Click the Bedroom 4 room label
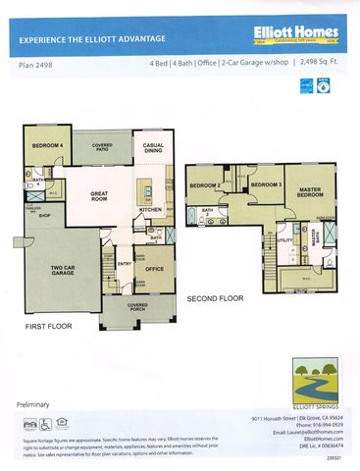46,147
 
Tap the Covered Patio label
102,147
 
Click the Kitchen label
149,210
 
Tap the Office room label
153,267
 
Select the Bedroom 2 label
204,185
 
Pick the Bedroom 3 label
265,184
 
